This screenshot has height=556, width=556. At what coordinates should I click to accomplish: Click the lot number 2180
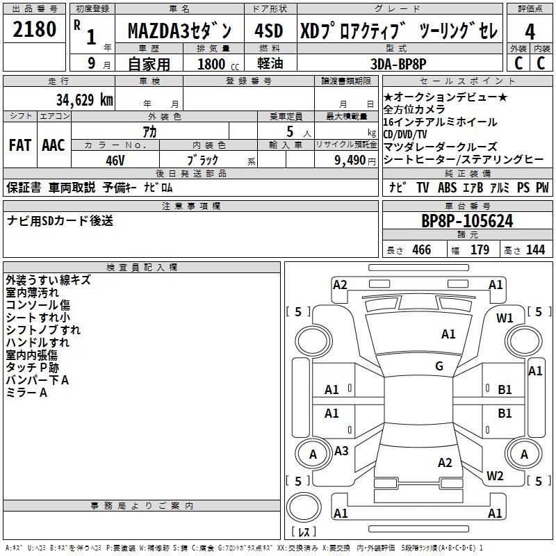pos(35,31)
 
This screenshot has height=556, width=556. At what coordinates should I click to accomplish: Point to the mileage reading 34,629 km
pos(84,100)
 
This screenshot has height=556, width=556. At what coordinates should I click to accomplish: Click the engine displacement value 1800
pos(211,64)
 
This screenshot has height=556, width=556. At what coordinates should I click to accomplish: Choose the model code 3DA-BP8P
pos(398,64)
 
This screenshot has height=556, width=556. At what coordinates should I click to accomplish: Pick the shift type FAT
pos(19,145)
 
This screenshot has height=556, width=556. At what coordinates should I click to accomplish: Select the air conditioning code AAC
pos(54,145)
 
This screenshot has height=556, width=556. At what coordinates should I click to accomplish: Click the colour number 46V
pos(115,160)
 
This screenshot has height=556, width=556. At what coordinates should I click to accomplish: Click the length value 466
pos(421,250)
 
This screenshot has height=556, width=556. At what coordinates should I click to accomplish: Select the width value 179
pos(480,250)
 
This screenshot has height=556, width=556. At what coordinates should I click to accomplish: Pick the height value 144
pos(535,250)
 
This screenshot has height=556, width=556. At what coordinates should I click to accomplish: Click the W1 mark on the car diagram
pos(505,319)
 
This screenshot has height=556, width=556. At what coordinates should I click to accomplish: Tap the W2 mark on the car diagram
pos(495,476)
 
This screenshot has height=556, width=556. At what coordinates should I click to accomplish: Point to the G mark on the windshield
pos(439,366)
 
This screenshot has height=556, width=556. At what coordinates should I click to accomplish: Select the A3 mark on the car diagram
pos(341,451)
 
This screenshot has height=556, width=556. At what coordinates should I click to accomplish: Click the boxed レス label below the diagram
pos(304,533)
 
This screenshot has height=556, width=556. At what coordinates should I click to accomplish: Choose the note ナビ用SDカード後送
pos(60,221)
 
